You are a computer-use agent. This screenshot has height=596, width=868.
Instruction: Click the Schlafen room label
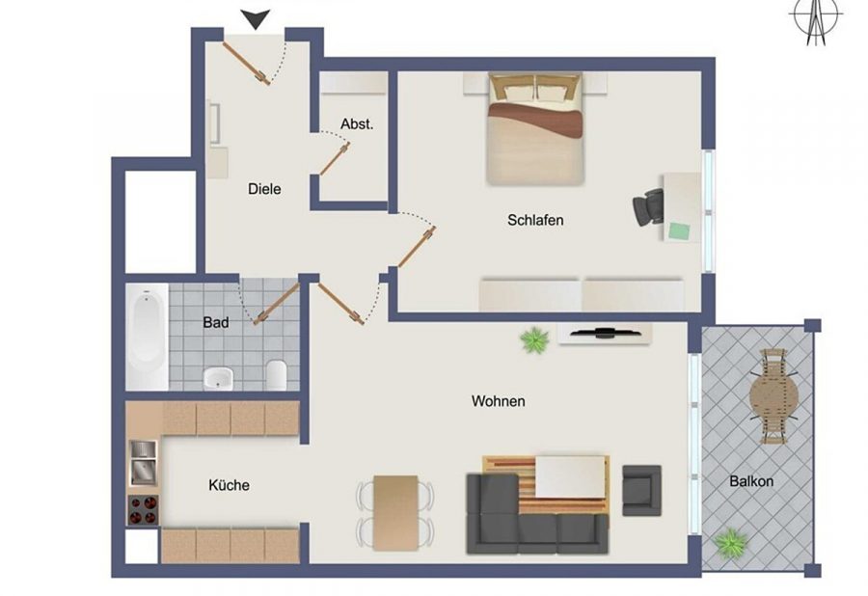[x=535, y=220]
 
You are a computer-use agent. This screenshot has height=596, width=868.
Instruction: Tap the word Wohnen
[x=499, y=400]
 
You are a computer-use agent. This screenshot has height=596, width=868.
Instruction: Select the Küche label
[x=229, y=485]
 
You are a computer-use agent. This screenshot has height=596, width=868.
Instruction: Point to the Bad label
[x=216, y=322]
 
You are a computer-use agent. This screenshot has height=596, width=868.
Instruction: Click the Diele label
[x=264, y=189]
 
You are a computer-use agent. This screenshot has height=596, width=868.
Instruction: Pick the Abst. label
[x=357, y=124]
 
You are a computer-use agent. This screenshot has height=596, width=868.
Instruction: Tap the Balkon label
[x=751, y=481]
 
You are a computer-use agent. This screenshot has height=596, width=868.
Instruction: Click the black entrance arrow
[x=256, y=18]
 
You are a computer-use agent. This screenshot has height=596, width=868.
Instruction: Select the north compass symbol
[x=815, y=20]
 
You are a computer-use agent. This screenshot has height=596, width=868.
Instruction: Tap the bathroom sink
[x=219, y=378]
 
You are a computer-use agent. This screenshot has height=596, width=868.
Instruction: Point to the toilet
[x=276, y=374]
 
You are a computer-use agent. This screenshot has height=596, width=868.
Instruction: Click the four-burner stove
[x=144, y=509]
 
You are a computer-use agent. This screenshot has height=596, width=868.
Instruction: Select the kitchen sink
[x=144, y=463]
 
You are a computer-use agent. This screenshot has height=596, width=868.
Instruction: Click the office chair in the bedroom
[x=648, y=207]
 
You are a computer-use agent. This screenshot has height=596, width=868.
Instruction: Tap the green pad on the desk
[x=680, y=230]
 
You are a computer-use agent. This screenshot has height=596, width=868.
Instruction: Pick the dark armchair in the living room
[x=641, y=490]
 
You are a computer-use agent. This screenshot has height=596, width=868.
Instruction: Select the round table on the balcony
[x=773, y=396]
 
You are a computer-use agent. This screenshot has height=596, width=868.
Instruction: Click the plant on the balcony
[x=731, y=543]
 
